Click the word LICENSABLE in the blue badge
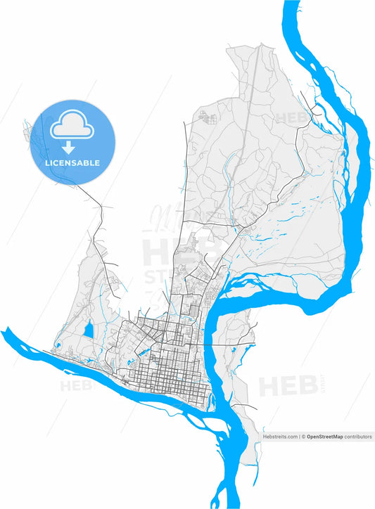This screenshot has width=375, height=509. pyautogui.click(x=73, y=163)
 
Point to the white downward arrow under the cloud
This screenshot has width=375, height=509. pyautogui.click(x=69, y=147)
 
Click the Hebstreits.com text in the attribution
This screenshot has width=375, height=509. pyautogui.click(x=280, y=437)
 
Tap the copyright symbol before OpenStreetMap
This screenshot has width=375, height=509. pyautogui.click(x=303, y=437)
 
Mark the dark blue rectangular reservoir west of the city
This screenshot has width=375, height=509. pyautogui.click(x=87, y=330)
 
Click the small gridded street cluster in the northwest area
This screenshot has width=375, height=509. pyautogui.click(x=208, y=117)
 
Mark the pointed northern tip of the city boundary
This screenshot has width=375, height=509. pyautogui.click(x=262, y=44)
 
